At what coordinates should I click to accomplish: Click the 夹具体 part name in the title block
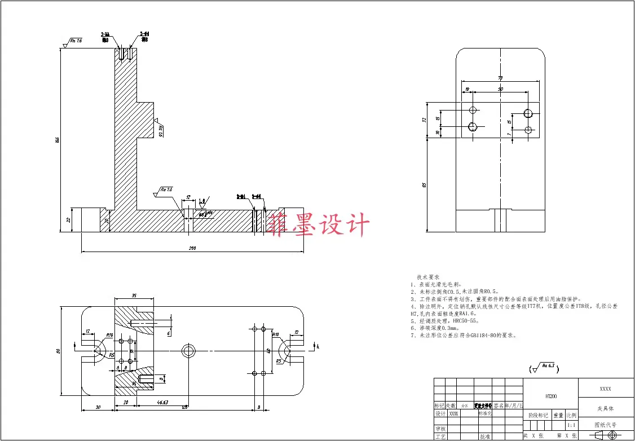[x=605, y=407]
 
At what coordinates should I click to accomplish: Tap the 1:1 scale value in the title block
[x=571, y=425]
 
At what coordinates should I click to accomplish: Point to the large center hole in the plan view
[x=188, y=350]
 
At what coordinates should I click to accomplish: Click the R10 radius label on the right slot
[x=276, y=334]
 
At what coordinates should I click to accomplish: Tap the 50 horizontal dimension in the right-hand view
[x=500, y=89]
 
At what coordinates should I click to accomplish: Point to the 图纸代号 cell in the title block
[x=605, y=425]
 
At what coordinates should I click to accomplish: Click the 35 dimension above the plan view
[x=134, y=296]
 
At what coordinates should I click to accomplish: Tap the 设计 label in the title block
[x=440, y=414]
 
